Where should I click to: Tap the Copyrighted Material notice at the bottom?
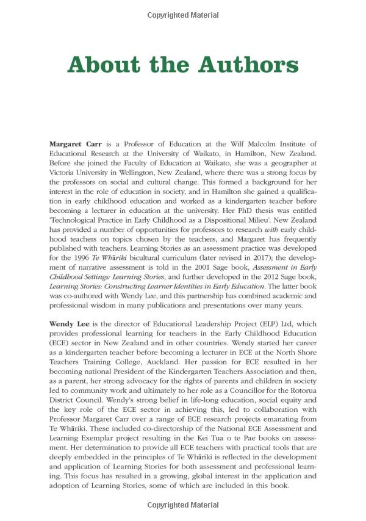[x=182, y=506]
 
